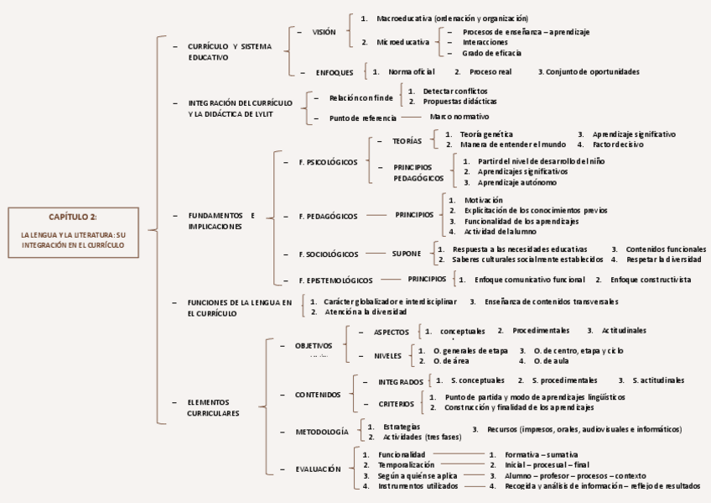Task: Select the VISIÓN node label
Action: click(324, 32)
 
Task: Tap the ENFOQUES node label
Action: click(335, 72)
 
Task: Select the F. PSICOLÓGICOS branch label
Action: click(328, 161)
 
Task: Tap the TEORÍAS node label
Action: click(407, 141)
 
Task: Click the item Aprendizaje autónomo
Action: click(517, 182)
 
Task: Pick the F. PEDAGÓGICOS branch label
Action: click(328, 216)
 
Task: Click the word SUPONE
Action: click(407, 254)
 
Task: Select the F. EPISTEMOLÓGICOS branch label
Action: click(336, 280)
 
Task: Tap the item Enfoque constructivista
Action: click(651, 280)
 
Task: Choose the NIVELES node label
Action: click(387, 355)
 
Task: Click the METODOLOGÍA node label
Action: click(322, 432)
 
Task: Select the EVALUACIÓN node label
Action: click(319, 469)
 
